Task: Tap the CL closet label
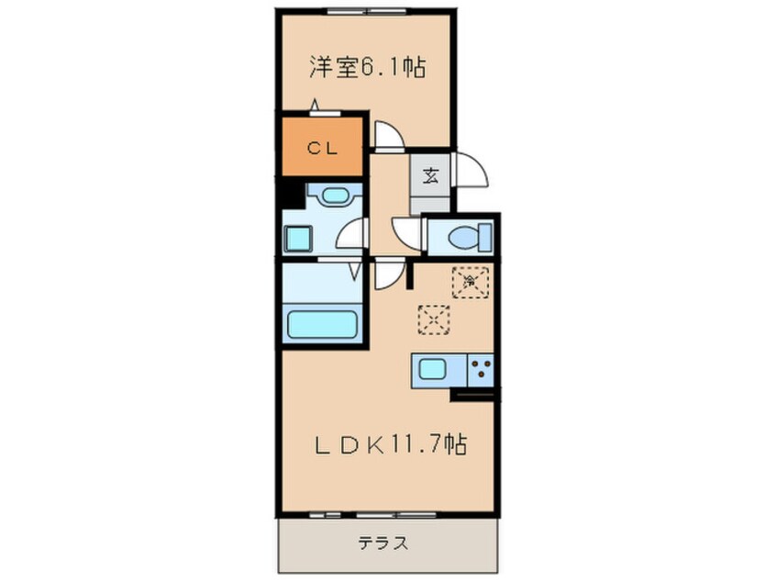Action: pos(321,147)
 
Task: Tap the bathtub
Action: pos(322,324)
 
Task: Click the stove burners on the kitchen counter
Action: pos(481,370)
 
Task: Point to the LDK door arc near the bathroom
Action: pos(387,273)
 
